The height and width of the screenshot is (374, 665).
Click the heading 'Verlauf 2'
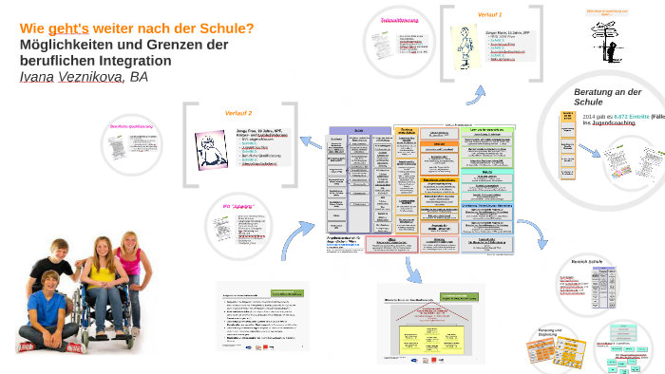(238, 112)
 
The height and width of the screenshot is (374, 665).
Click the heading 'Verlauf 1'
(491, 15)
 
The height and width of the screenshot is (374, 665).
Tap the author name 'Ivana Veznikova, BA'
(84, 77)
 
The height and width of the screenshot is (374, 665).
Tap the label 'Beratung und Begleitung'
(543, 332)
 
